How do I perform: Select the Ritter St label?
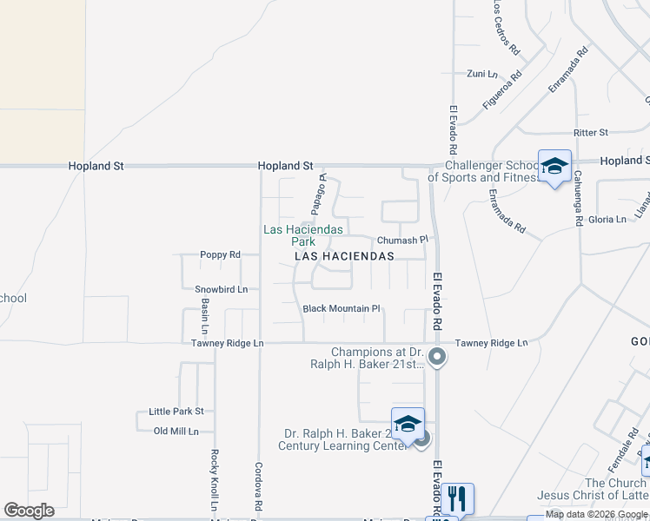click(590, 132)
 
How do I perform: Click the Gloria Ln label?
click(607, 220)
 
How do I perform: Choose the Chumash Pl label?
click(403, 240)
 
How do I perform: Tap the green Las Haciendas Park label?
click(303, 235)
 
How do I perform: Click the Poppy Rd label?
click(220, 254)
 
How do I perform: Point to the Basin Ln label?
click(205, 316)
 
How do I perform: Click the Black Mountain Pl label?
click(342, 308)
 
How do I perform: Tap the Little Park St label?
click(176, 411)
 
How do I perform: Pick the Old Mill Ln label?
click(176, 431)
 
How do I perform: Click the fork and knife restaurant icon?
click(458, 499)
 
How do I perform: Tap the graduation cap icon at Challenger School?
click(554, 167)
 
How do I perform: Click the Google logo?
click(29, 511)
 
